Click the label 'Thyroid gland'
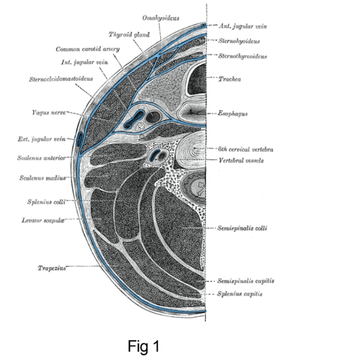point(129,34)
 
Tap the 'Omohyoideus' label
point(161,18)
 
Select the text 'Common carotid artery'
point(87,49)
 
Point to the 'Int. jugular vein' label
point(85,62)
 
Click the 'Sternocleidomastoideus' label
point(61,79)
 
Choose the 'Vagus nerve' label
point(49,112)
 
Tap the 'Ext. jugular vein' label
point(42,139)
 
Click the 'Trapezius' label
point(52,268)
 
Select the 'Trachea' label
point(230,79)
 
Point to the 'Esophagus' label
point(233,114)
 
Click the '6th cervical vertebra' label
point(246,150)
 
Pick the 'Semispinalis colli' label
point(242,228)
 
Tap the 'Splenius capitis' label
point(240,294)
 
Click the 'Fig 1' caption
point(144,346)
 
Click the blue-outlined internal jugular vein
point(134,119)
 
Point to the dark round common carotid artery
point(153,116)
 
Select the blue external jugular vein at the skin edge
point(79,140)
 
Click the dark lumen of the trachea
point(197,80)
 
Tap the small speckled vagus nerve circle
point(140,126)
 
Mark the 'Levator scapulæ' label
point(43,220)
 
